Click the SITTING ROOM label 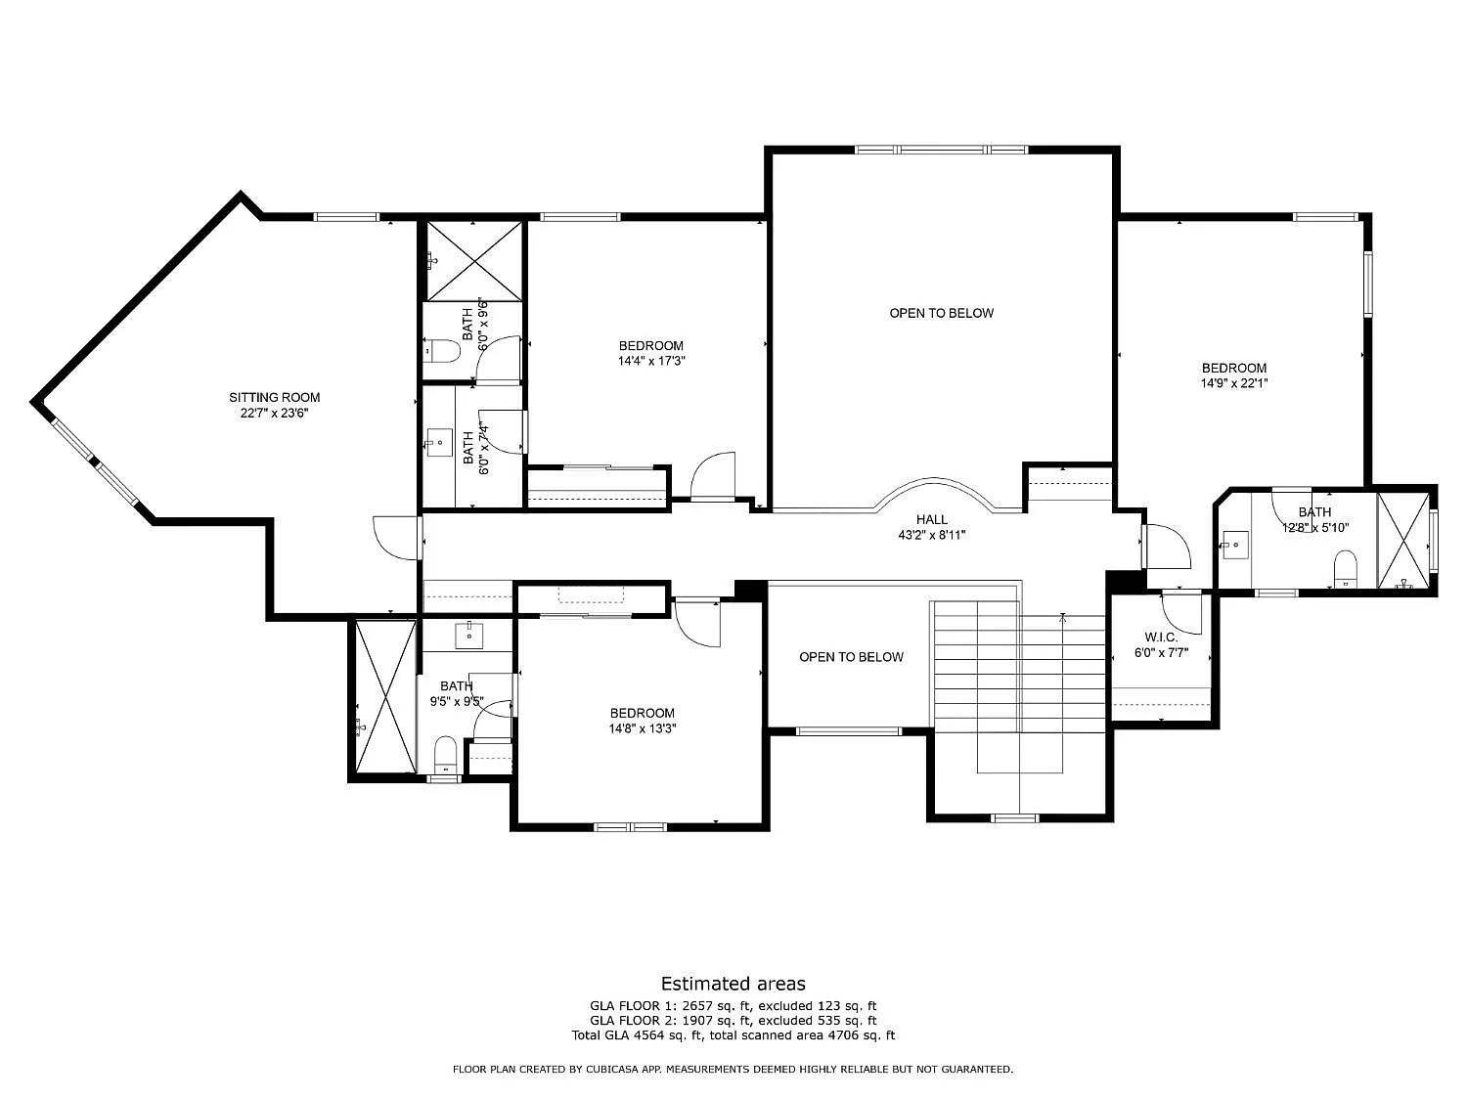pos(274,397)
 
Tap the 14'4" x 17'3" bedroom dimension pos(651,362)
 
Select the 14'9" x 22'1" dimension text pos(1234,383)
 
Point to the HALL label pos(932,519)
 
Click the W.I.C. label pos(1161,638)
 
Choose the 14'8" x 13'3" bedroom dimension pos(643,728)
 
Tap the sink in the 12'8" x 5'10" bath pos(1236,545)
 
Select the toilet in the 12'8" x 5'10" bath pos(1345,569)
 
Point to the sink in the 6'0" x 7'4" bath pos(439,443)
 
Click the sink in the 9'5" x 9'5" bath pos(469,636)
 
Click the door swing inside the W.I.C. pos(1181,614)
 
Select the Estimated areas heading pos(733,984)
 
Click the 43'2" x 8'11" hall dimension pos(932,535)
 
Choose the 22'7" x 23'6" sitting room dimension pos(274,413)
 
